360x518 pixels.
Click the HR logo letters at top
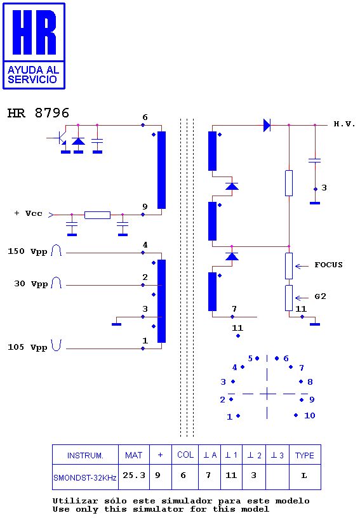[34, 32]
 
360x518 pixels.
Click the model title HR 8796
[38, 113]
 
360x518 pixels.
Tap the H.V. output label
[345, 124]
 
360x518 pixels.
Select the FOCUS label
[328, 265]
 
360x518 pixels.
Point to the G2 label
[320, 296]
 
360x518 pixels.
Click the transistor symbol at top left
[60, 138]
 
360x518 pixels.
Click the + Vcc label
[29, 213]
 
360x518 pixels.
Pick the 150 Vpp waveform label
[27, 251]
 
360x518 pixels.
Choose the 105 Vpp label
[27, 347]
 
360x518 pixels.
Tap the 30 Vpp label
[31, 284]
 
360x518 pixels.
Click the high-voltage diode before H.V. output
[267, 125]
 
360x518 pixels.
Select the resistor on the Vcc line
[97, 215]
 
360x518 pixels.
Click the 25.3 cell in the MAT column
[134, 475]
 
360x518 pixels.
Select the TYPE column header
[305, 455]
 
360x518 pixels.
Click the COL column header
[185, 455]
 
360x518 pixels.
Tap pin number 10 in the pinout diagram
[309, 416]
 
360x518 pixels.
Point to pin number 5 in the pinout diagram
[250, 359]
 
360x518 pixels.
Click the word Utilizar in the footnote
[76, 501]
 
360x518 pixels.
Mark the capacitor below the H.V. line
[315, 161]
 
